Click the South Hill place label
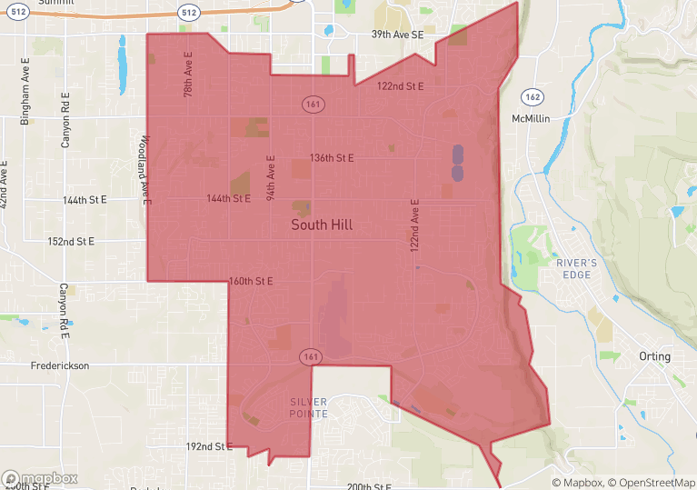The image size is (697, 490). [x=322, y=225]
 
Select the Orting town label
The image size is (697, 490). [x=654, y=356]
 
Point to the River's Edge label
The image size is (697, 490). [x=577, y=269]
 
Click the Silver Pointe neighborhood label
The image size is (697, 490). [x=308, y=408]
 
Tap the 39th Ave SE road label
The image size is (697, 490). [x=397, y=35]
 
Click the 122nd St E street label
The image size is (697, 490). [x=401, y=86]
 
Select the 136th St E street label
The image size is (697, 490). [x=332, y=158]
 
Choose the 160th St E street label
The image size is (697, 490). [x=252, y=281]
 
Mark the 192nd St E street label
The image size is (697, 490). [x=210, y=447]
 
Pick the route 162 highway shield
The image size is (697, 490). [x=533, y=96]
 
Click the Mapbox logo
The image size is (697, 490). [x=40, y=478]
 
